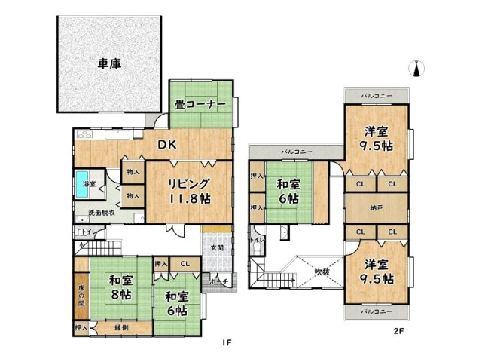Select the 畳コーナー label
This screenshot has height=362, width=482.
pos(201,105)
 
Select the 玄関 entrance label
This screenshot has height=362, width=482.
pos(215,247)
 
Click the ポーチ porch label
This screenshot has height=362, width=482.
pos(219,280)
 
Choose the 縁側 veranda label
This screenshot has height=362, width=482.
pos(121,327)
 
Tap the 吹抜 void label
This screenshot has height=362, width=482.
pos(323,271)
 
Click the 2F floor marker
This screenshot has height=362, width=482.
pos(398,330)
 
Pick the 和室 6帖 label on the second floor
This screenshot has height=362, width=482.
pos(289,192)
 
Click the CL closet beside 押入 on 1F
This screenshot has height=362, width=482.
pos(185,263)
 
